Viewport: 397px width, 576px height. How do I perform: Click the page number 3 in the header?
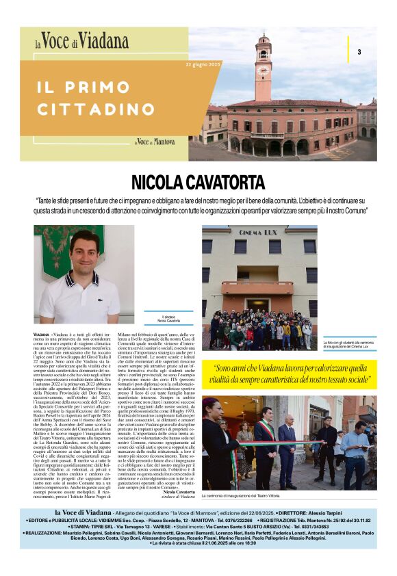[359, 52]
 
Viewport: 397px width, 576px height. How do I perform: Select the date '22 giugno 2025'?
[203, 64]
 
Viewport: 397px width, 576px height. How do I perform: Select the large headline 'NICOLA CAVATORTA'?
[198, 183]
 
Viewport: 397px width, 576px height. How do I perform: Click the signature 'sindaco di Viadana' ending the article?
[178, 495]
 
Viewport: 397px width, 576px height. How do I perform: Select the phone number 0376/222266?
[233, 521]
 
